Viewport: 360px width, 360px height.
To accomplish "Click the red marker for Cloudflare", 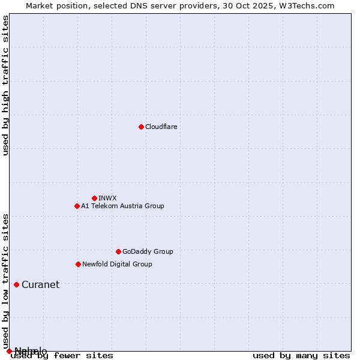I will pos(141,127).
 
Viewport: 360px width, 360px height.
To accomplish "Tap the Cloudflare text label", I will pos(161,127).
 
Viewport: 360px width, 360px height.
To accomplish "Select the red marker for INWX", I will pos(94,198).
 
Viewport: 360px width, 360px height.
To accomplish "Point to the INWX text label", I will pos(108,198).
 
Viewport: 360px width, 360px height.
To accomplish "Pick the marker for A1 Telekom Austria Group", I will pos(77,206).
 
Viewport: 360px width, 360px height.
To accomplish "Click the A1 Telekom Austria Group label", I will pos(122,206).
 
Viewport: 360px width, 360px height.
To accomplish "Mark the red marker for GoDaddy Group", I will pos(118,251).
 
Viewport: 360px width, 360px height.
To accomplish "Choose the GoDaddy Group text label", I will pos(148,251).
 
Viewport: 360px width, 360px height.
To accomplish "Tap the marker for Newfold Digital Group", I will pos(78,264).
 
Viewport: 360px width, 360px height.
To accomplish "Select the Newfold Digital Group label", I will pos(117,264).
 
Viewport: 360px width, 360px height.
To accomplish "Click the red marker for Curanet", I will pos(16,284).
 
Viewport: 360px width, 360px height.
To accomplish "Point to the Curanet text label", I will pos(40,284).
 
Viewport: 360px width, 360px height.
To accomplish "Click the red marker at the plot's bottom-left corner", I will pos(9,351).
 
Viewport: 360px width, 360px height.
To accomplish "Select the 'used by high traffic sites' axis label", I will pos(5,85).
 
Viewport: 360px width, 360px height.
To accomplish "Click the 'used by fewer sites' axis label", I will pos(62,356).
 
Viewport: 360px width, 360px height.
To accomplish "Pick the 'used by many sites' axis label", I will pos(301,356).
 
